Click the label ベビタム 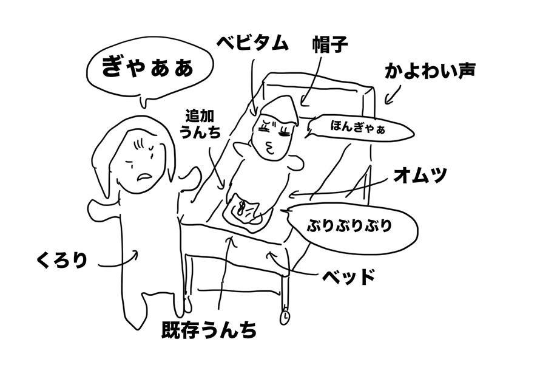click(x=252, y=44)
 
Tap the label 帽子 click(x=330, y=44)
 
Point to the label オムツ click(x=420, y=175)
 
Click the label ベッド click(x=348, y=276)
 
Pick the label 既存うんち click(x=209, y=330)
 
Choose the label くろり click(x=62, y=260)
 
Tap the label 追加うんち click(x=200, y=124)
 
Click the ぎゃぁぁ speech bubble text click(x=148, y=67)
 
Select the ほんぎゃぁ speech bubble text click(x=357, y=127)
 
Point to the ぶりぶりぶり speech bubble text click(x=349, y=225)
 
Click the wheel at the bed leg click(x=285, y=317)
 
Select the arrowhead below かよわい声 click(x=387, y=101)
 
